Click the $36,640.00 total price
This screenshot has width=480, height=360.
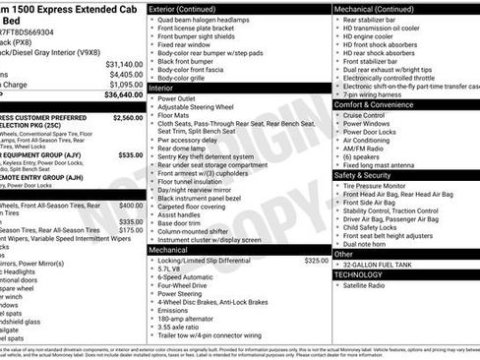click(117, 95)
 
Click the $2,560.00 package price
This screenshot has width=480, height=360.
click(127, 117)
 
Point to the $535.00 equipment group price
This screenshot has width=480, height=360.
click(129, 154)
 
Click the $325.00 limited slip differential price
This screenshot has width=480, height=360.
click(316, 261)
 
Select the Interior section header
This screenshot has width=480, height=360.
click(162, 88)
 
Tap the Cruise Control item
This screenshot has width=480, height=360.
click(364, 115)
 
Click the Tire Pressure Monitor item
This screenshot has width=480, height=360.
click(374, 185)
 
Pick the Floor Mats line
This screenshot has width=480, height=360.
click(174, 116)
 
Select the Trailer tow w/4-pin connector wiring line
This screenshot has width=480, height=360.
click(210, 334)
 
